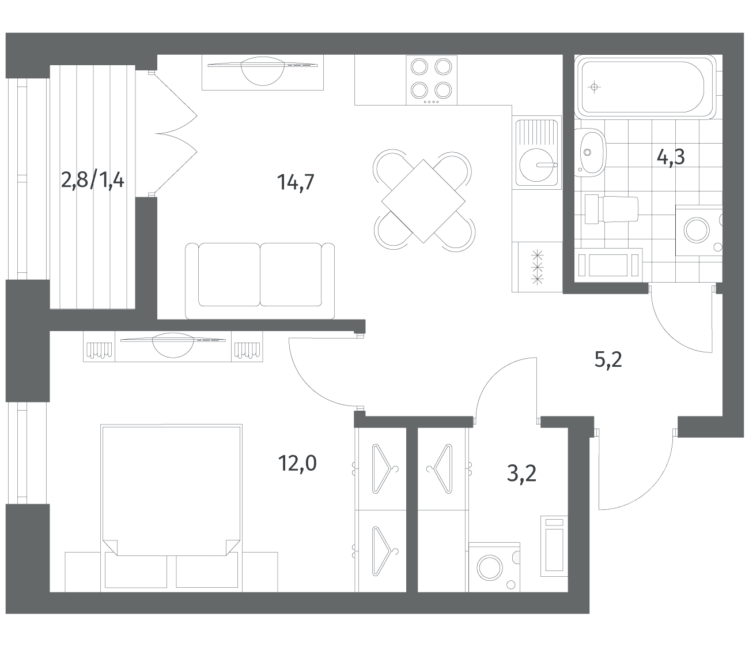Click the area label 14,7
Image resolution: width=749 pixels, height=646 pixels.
tap(296, 182)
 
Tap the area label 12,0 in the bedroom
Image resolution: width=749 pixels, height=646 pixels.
tap(297, 463)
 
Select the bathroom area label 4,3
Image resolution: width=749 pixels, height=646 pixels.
tap(671, 157)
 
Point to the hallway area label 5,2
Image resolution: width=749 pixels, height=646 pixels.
tap(608, 360)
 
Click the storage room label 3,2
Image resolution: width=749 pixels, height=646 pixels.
tap(521, 474)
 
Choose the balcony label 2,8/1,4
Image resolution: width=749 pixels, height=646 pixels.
tap(92, 181)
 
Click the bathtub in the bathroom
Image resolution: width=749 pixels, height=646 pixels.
tap(644, 87)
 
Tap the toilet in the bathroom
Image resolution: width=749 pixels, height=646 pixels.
tap(611, 209)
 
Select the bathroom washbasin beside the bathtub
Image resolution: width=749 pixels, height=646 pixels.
tap(591, 152)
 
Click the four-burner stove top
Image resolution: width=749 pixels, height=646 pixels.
tap(432, 80)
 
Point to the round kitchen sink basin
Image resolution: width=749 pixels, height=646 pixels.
tap(537, 165)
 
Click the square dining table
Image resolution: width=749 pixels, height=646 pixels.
tap(423, 201)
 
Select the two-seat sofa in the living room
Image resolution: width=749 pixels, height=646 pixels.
tap(260, 281)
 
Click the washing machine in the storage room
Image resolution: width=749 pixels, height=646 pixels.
tap(494, 568)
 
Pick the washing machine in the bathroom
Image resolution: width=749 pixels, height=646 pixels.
tap(699, 230)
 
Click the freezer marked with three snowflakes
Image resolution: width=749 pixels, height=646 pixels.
tap(538, 267)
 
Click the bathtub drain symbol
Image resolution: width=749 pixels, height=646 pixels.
tap(594, 87)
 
